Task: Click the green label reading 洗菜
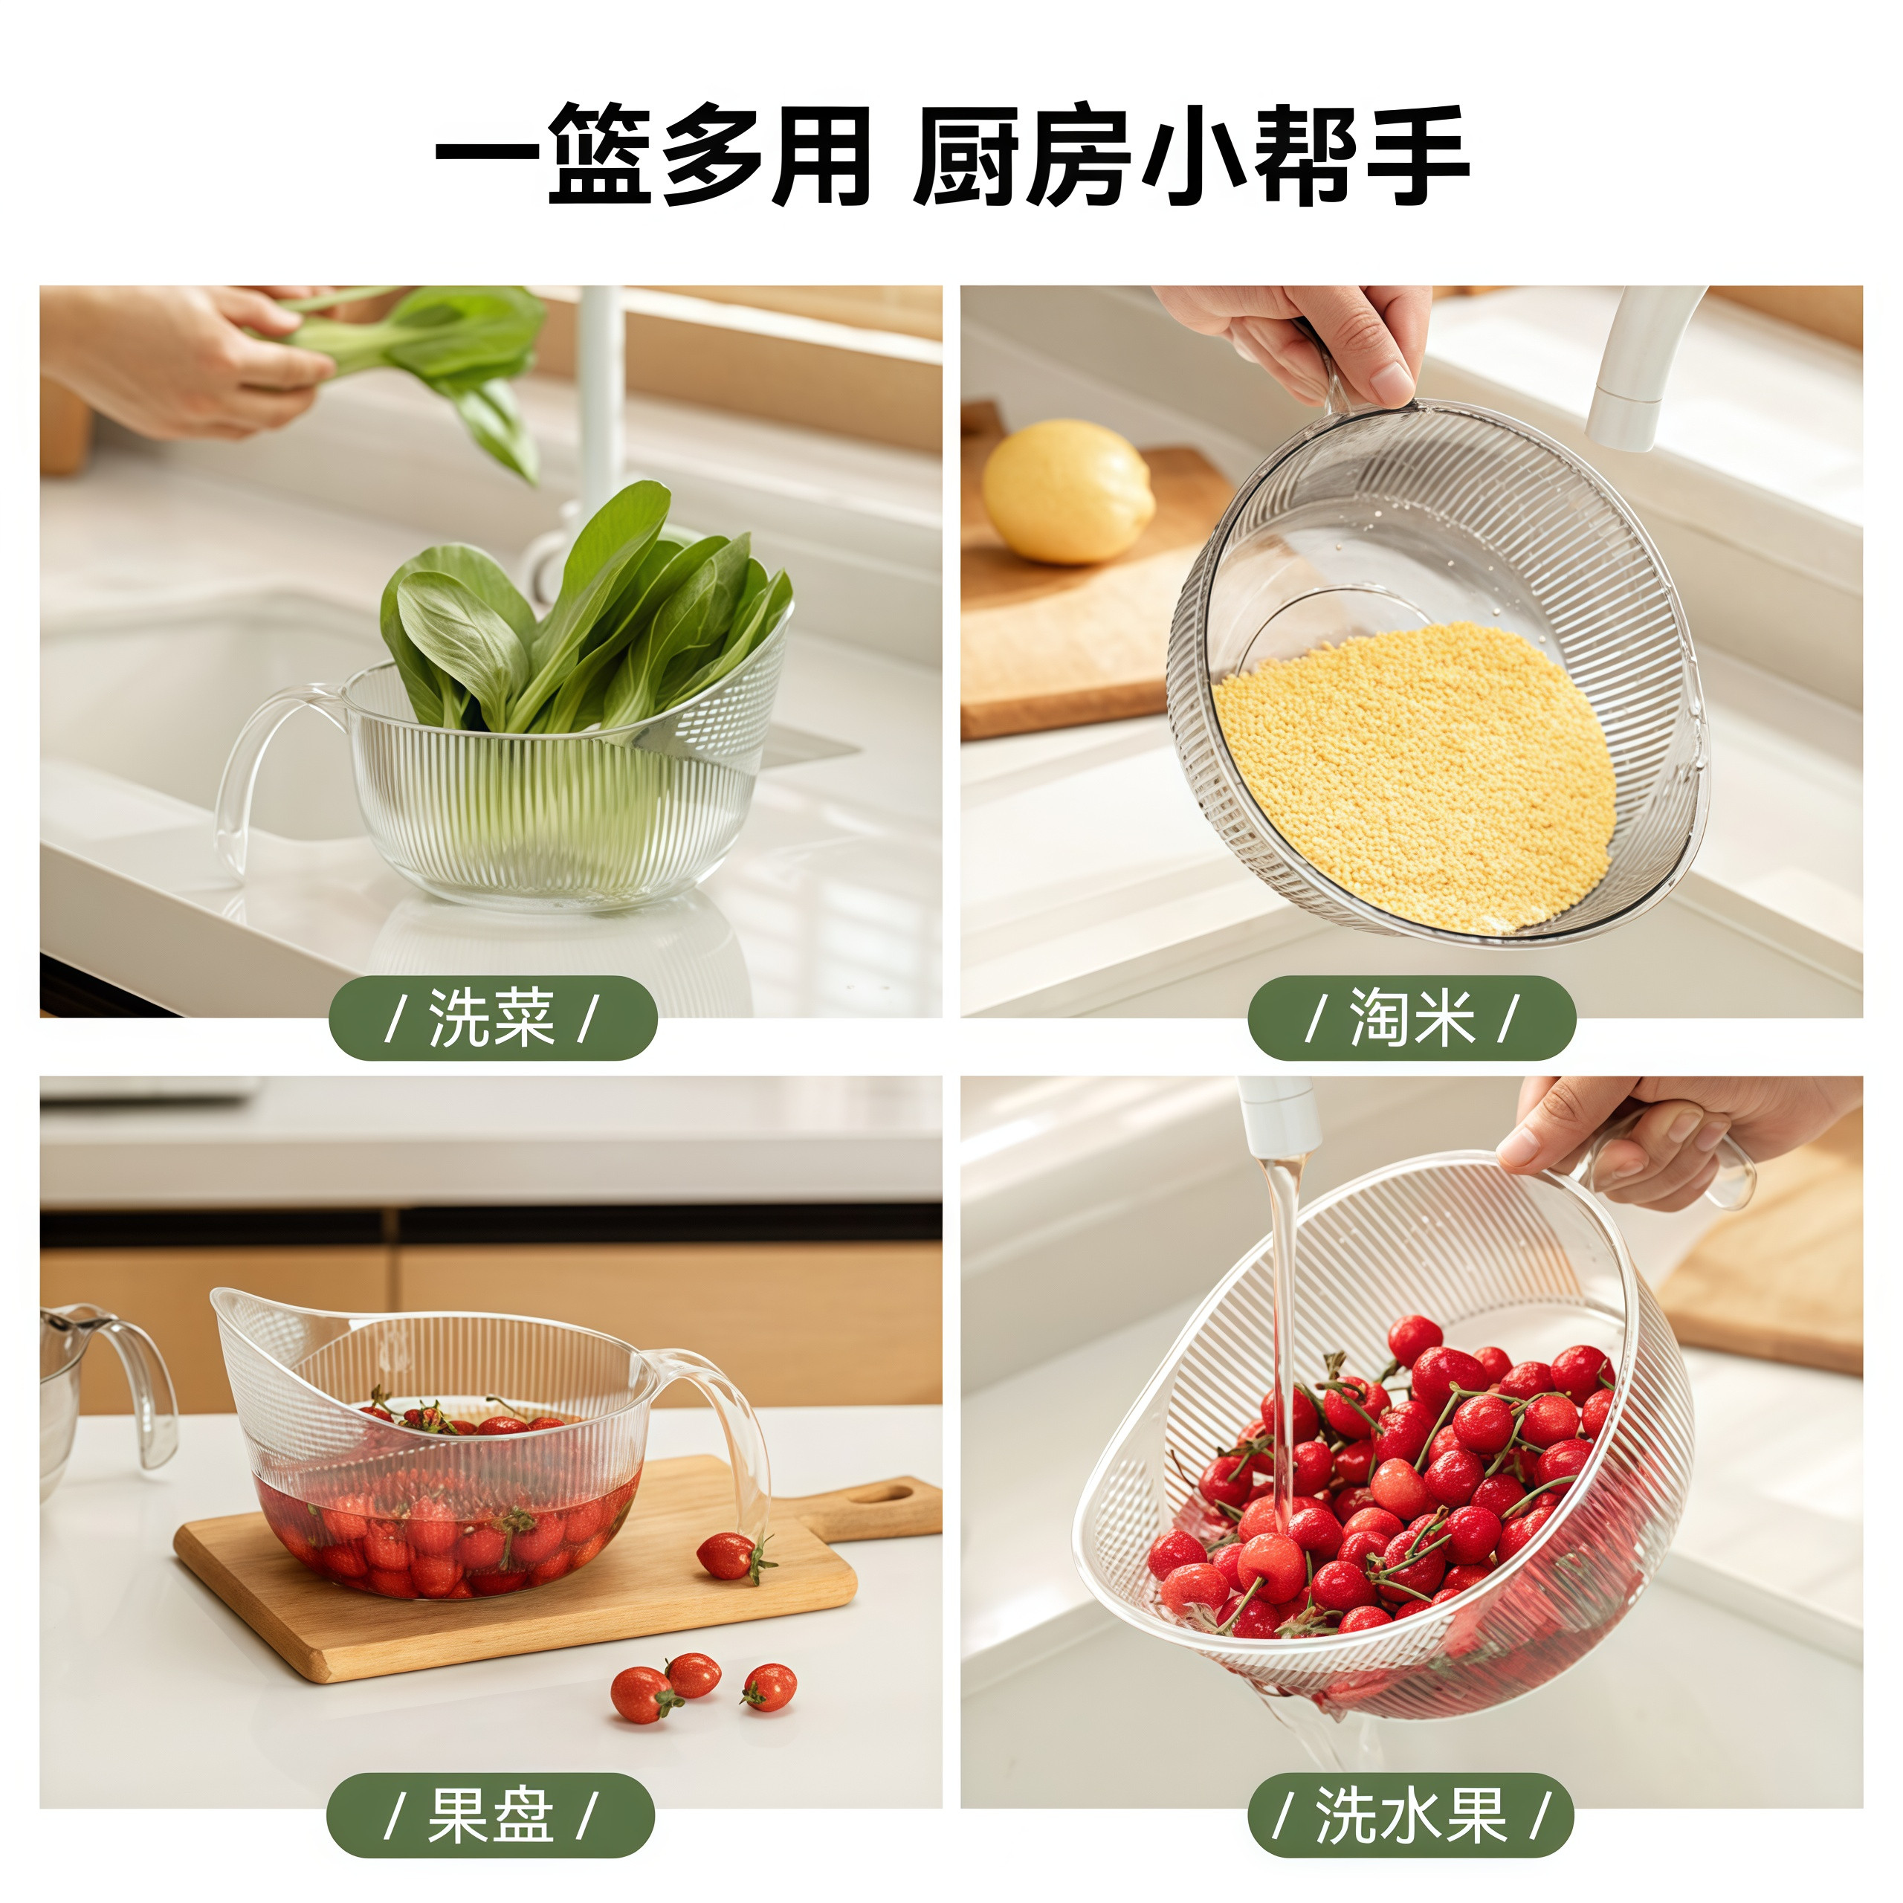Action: coord(493,1018)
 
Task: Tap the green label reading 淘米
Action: coord(1412,1018)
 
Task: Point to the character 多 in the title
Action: coord(714,155)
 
